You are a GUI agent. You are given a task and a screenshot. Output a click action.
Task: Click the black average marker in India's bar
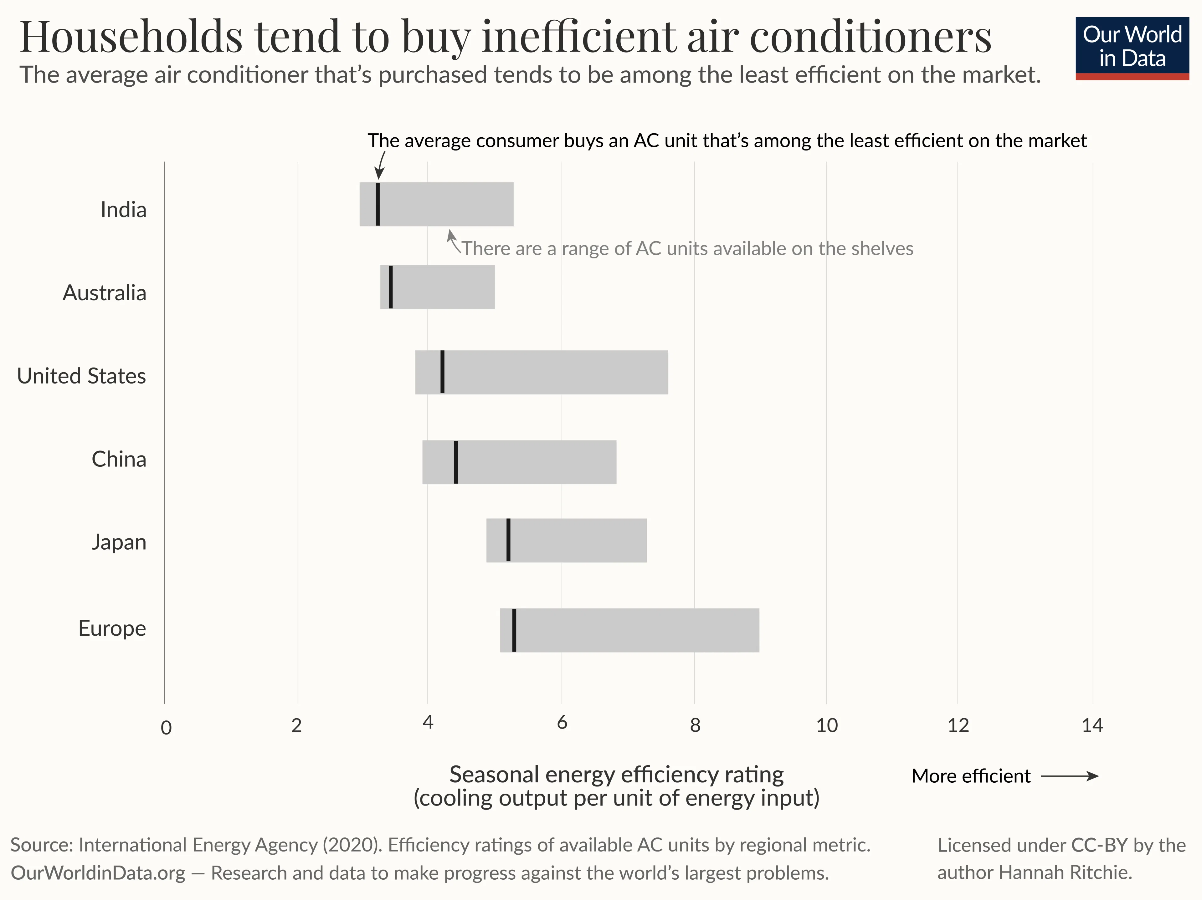(x=378, y=204)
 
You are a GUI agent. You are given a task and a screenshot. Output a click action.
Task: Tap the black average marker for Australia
(x=391, y=287)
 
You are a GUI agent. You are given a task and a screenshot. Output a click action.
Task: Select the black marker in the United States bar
(x=442, y=372)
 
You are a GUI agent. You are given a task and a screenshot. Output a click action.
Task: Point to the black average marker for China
(x=456, y=462)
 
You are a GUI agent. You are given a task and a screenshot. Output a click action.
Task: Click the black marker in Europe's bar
(x=514, y=630)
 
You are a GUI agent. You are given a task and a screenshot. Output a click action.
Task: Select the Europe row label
(x=112, y=628)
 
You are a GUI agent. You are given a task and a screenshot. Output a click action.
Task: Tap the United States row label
(x=81, y=376)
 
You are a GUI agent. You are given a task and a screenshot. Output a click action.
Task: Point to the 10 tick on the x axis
(x=826, y=725)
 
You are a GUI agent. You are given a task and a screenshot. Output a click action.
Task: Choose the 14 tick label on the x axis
(x=1092, y=725)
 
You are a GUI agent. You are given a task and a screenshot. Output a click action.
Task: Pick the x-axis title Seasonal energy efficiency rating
(x=616, y=775)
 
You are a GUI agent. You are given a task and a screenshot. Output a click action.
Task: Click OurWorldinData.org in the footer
(x=98, y=873)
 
